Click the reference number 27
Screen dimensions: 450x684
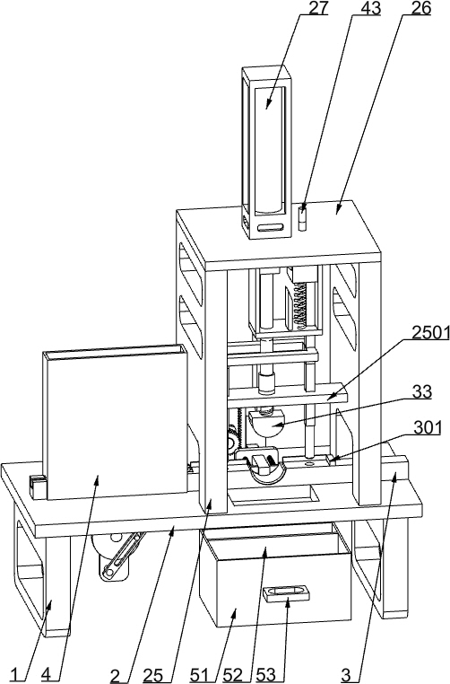318,8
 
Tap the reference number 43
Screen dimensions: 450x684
370,8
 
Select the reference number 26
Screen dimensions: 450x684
420,8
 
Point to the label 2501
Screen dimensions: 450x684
431,333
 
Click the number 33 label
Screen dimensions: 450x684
421,391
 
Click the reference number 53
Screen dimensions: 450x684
265,675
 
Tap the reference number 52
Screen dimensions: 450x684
233,675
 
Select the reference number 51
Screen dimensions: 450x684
200,675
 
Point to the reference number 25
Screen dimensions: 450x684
153,675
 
